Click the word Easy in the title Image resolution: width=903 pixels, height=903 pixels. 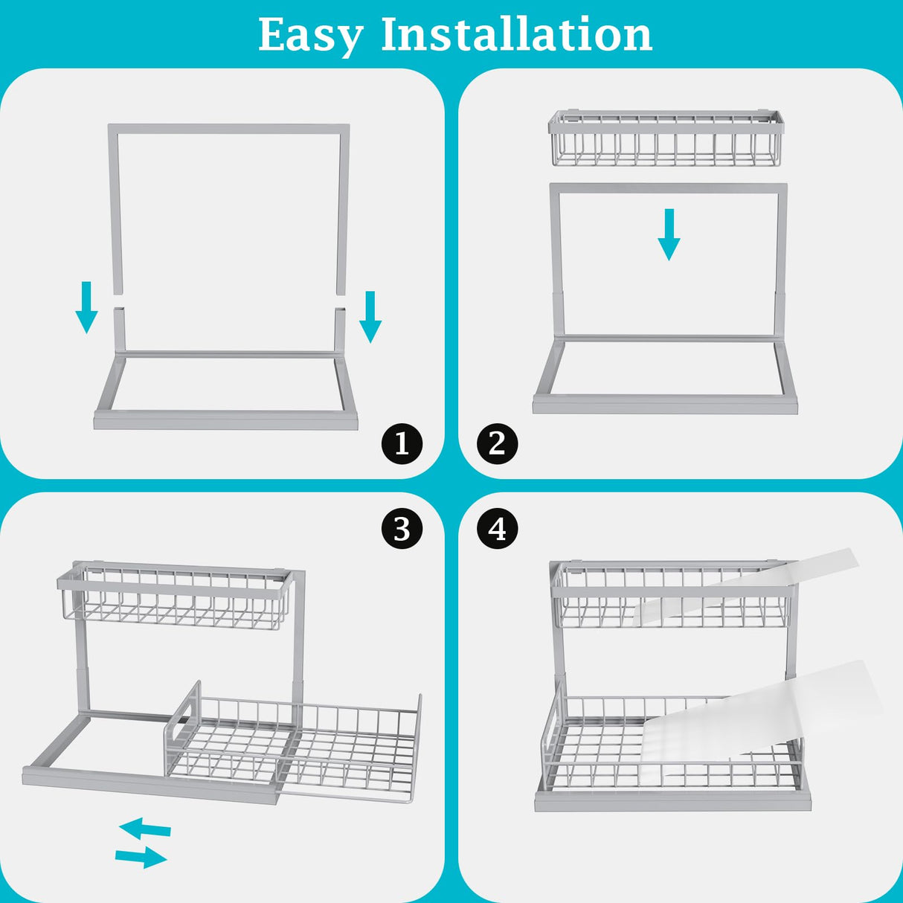coord(311,35)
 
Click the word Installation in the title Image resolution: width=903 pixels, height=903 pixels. coord(516,34)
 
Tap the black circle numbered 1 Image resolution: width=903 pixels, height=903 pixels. coord(402,444)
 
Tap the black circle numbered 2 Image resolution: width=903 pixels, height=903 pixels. coord(497,444)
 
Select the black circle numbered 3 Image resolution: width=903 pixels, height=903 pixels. coord(402,529)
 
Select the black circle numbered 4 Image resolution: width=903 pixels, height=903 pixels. coord(497,529)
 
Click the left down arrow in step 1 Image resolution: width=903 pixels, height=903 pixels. coord(86,307)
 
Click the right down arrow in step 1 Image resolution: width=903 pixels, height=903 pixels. coord(370,317)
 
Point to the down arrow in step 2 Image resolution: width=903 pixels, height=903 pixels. coord(669,234)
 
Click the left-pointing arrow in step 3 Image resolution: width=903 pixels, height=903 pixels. coord(145,827)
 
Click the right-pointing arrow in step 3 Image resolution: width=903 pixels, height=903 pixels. coord(141,857)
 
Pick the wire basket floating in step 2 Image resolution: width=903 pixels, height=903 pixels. coord(666,138)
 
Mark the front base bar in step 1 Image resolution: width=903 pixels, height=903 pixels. coord(225,421)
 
